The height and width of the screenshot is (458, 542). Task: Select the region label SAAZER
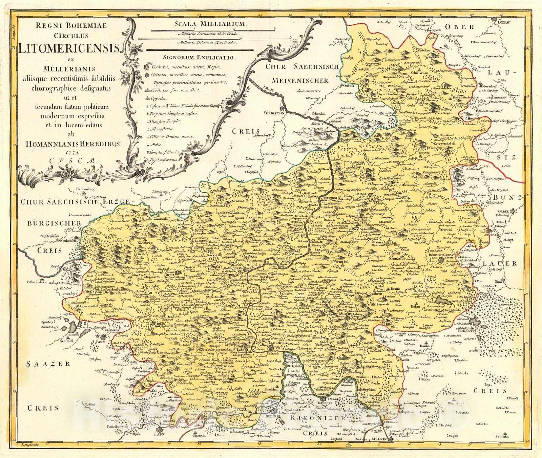[48, 364]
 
